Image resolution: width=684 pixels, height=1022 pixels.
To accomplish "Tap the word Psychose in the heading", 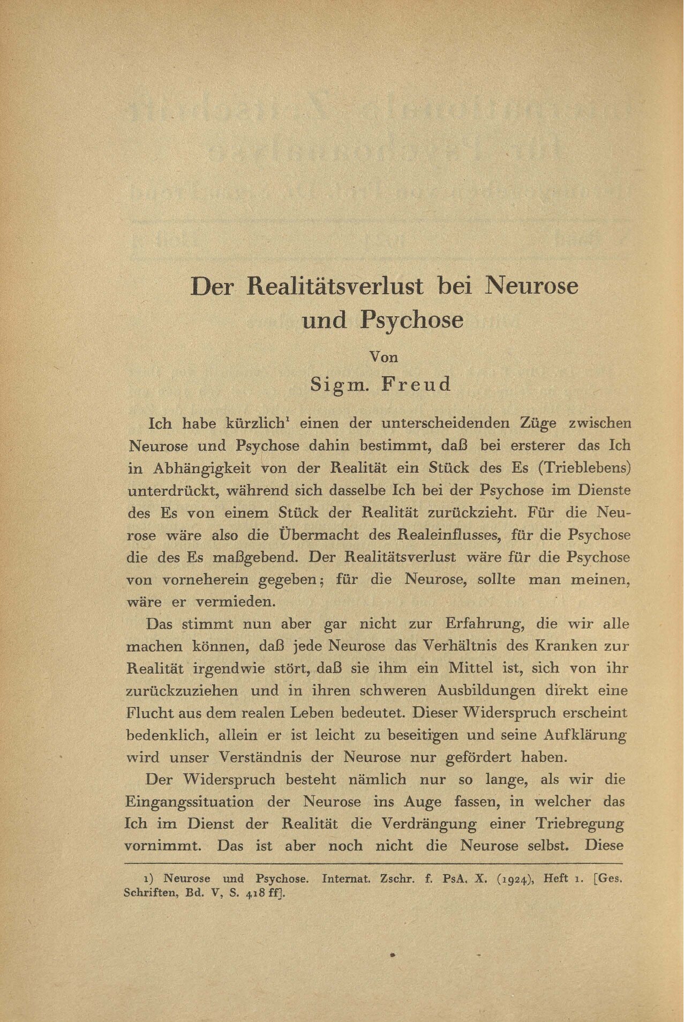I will point(411,320).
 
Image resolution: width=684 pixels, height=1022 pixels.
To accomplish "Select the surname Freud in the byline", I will point(416,384).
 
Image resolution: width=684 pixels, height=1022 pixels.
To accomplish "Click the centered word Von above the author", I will point(385,356).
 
